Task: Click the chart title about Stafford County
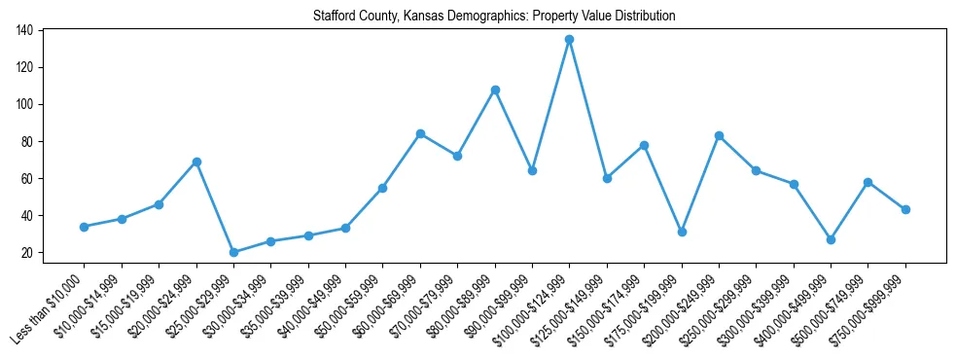point(494,17)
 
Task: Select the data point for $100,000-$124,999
point(570,40)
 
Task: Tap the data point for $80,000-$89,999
point(495,90)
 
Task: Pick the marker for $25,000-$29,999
point(233,252)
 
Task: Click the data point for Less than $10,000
point(85,227)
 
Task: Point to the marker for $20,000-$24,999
point(196,162)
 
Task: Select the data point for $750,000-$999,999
point(905,209)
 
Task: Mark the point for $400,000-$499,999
point(831,239)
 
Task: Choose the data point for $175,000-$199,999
point(682,232)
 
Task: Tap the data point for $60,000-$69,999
point(420,133)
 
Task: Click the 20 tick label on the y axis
point(28,253)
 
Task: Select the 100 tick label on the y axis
point(25,105)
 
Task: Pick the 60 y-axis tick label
point(28,179)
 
